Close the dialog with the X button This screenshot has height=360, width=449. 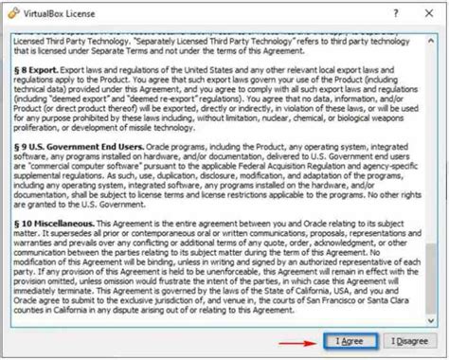[428, 11]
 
